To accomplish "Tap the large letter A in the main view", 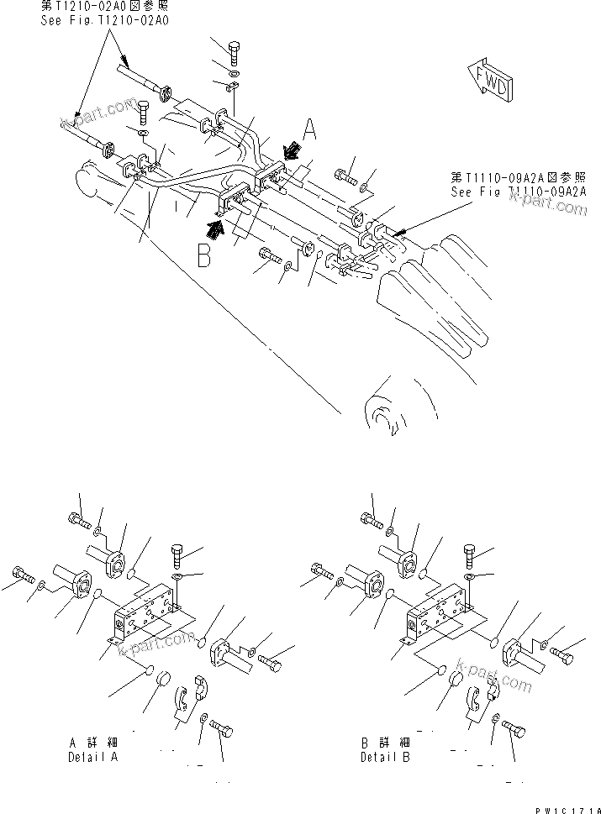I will click(308, 129).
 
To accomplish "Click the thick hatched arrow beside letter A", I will click(291, 150).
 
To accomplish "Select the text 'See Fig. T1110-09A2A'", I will click(518, 192).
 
